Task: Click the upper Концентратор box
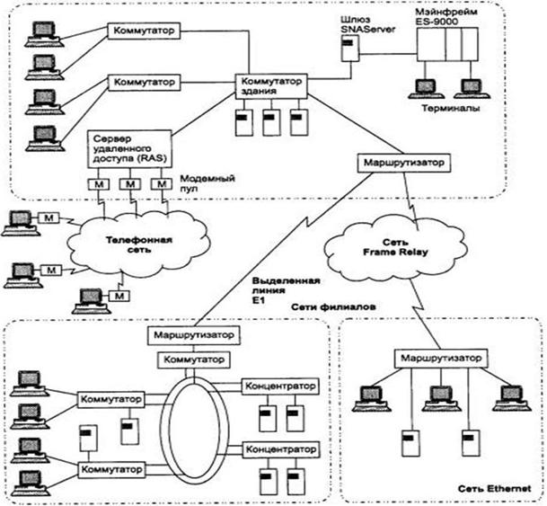(279, 386)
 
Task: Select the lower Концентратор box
(279, 447)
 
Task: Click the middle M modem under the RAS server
(131, 185)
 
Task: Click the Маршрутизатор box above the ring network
(194, 335)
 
